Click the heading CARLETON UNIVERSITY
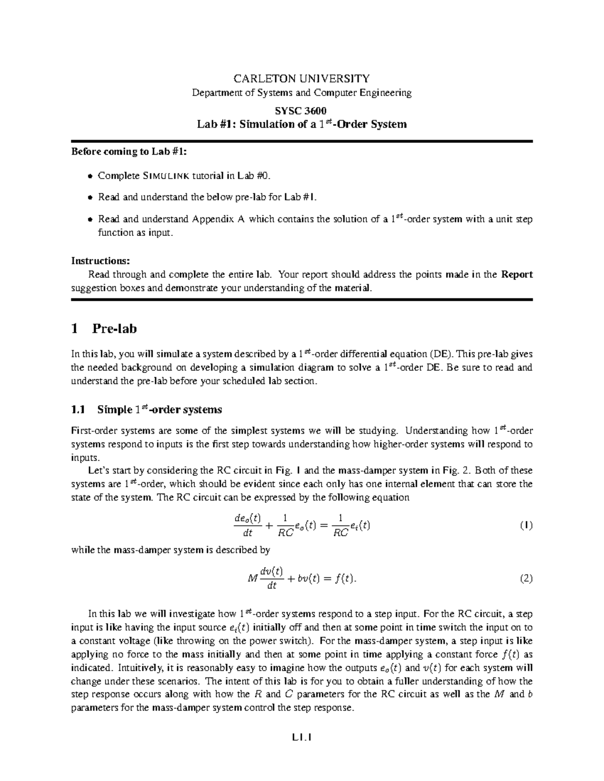tap(301, 78)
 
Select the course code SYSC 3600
tap(301, 111)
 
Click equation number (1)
tap(526, 526)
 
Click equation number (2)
tap(526, 578)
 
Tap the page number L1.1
tap(301, 739)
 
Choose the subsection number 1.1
tap(79, 410)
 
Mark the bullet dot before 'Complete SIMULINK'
tap(90, 176)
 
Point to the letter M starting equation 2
tap(253, 579)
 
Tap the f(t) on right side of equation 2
tap(345, 579)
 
